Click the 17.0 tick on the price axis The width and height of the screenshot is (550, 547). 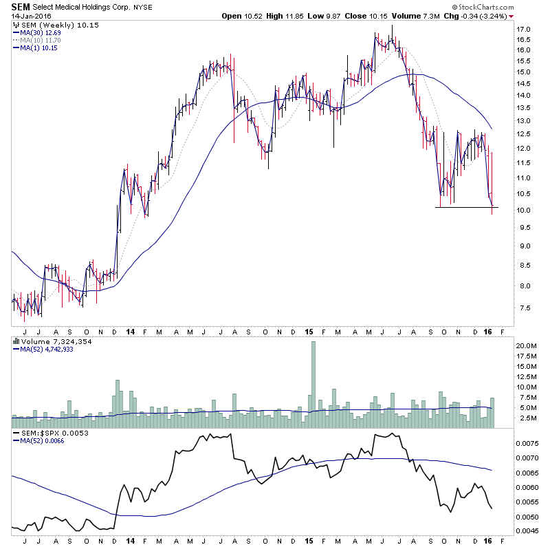(x=525, y=30)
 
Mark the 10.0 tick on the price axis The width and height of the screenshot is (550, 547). (x=525, y=211)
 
